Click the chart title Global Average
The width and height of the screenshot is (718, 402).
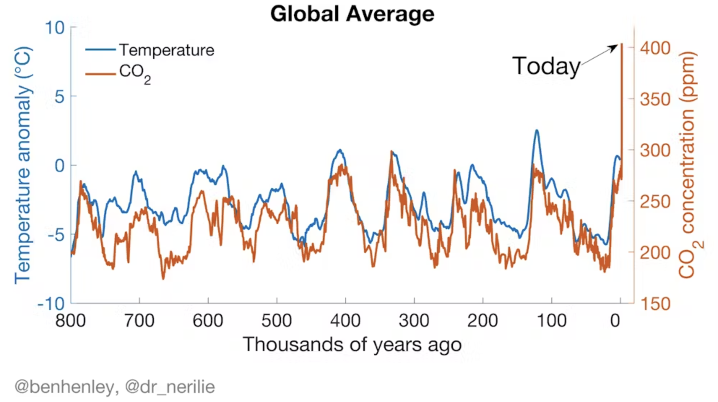point(352,14)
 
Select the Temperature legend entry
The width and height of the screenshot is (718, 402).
point(166,50)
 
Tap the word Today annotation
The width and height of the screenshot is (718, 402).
point(546,66)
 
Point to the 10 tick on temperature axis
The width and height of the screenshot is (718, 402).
point(55,28)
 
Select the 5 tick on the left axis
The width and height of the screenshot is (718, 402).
point(60,97)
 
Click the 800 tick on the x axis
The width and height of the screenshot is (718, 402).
point(70,320)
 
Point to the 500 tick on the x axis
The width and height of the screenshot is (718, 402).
point(277,320)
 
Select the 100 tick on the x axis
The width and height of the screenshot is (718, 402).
point(552,320)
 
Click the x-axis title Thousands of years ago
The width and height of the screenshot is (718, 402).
point(352,344)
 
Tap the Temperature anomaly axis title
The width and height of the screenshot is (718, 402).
point(23,165)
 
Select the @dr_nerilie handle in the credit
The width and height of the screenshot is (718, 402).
point(170,387)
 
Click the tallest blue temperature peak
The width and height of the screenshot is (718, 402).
point(537,131)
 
